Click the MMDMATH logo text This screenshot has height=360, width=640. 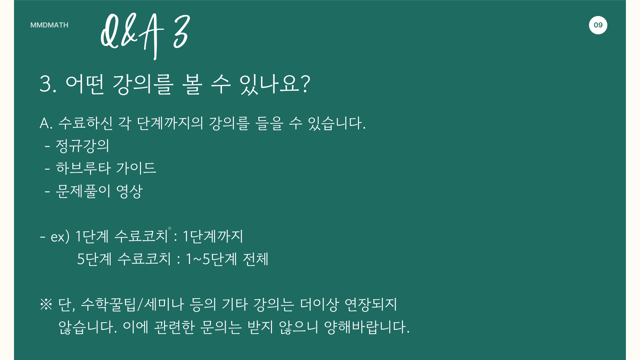(x=49, y=25)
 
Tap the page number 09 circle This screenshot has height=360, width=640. (x=598, y=25)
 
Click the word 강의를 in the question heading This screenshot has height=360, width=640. (x=143, y=84)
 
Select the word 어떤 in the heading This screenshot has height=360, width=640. (x=85, y=84)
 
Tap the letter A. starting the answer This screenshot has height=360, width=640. (x=46, y=123)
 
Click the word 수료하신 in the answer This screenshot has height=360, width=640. (x=85, y=123)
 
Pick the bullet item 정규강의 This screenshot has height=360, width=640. (x=82, y=146)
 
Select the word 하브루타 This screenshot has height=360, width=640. (x=83, y=168)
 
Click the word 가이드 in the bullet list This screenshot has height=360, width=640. (x=136, y=168)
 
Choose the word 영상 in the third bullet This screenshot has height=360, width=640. (x=129, y=191)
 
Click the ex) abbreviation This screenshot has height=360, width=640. (x=60, y=237)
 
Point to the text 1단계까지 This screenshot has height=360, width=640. (x=213, y=236)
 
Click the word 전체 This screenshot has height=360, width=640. (x=256, y=259)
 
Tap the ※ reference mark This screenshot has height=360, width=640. (x=46, y=304)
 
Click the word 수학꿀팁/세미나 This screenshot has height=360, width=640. (x=132, y=304)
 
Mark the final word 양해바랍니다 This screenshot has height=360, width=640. (x=367, y=327)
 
